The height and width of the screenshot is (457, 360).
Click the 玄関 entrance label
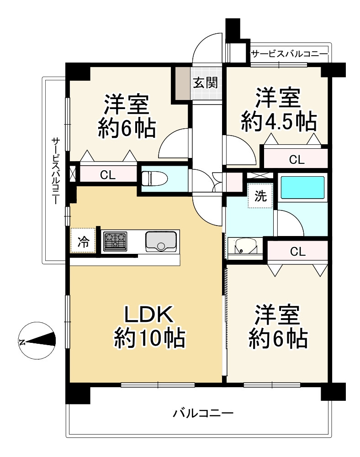pyautogui.click(x=206, y=83)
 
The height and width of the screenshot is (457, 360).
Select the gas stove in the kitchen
pyautogui.click(x=115, y=242)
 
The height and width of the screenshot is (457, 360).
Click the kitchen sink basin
pyautogui.click(x=161, y=242)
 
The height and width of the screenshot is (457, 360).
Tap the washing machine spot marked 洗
pyautogui.click(x=260, y=195)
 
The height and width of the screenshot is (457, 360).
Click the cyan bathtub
pyautogui.click(x=302, y=187)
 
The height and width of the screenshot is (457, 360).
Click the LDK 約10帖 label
pyautogui.click(x=149, y=326)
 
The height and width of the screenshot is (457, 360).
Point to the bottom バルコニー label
pyautogui.click(x=203, y=413)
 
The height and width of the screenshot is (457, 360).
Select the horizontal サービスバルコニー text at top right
pyautogui.click(x=290, y=54)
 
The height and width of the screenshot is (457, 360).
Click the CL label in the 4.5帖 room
pyautogui.click(x=296, y=159)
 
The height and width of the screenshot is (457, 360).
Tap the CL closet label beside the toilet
pyautogui.click(x=108, y=175)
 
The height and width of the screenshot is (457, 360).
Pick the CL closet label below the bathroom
pyautogui.click(x=297, y=252)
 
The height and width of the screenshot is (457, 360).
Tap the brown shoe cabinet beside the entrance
pyautogui.click(x=183, y=83)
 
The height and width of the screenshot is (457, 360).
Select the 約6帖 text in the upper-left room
pyautogui.click(x=127, y=129)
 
